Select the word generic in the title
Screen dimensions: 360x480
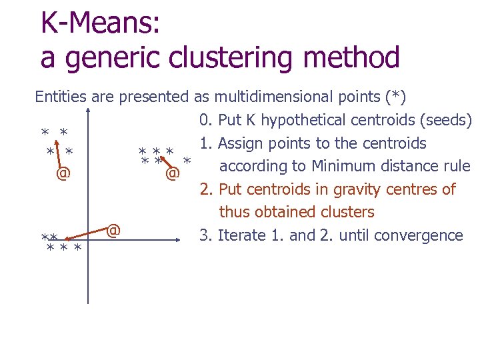[117, 58]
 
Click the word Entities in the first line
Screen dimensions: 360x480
[60, 97]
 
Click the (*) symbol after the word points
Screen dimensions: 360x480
[393, 97]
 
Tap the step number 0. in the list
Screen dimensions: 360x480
[205, 120]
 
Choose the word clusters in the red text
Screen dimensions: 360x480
[346, 212]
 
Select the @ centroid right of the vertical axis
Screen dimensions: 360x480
[113, 231]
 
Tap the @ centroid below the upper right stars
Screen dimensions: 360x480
[172, 174]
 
